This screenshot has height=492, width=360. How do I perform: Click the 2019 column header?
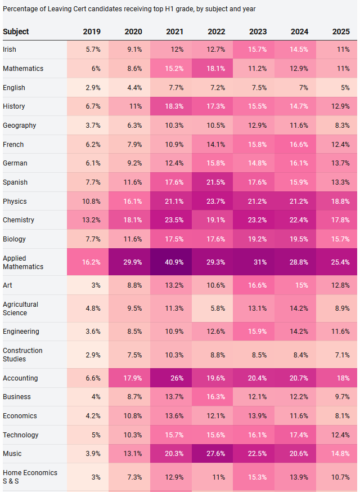click(92, 32)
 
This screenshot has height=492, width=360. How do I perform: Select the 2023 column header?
click(257, 32)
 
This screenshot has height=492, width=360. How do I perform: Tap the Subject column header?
click(16, 32)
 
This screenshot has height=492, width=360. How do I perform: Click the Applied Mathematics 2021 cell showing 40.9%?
click(175, 262)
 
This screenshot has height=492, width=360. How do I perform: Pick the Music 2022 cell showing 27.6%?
click(216, 454)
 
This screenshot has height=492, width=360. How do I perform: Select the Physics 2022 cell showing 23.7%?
click(216, 202)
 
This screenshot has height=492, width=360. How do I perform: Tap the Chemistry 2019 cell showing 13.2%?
click(91, 220)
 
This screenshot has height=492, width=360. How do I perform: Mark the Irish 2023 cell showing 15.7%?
click(257, 50)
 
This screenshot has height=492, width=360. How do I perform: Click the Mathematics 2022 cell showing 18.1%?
click(216, 69)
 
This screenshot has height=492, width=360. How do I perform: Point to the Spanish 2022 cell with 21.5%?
click(216, 182)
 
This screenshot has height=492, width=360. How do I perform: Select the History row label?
click(13, 106)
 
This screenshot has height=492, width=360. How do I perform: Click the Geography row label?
click(19, 126)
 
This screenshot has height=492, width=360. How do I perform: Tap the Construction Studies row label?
click(22, 355)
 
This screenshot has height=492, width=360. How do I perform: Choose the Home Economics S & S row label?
click(30, 477)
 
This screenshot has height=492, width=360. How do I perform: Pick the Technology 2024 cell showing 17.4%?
click(299, 435)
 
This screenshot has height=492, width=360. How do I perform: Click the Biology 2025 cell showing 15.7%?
click(340, 239)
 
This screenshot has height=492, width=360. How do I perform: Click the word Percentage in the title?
click(20, 10)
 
